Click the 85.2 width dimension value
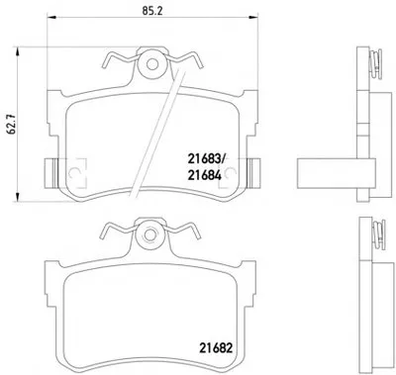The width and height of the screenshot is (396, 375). (152, 11)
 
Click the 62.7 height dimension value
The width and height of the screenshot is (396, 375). (13, 125)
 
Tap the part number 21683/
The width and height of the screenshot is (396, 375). (205, 160)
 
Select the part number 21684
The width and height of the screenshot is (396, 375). (204, 176)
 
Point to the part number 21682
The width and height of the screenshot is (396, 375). (216, 348)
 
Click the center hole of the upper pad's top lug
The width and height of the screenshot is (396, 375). (152, 64)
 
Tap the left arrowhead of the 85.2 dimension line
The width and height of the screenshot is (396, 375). (51, 17)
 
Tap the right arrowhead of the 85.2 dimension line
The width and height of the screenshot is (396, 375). (253, 17)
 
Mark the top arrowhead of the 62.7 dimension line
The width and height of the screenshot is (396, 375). (17, 51)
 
